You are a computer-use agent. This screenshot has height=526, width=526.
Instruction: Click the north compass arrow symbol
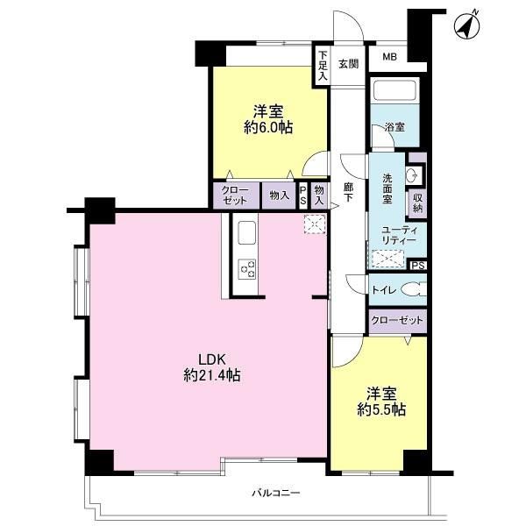(x=467, y=25)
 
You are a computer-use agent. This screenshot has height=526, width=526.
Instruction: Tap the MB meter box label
(x=389, y=57)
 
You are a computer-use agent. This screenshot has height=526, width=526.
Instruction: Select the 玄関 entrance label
(x=349, y=64)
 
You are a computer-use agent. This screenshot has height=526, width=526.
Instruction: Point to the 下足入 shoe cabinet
(x=323, y=66)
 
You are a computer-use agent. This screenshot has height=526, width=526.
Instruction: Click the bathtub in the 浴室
(x=395, y=89)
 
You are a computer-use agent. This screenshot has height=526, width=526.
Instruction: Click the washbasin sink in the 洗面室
(x=412, y=174)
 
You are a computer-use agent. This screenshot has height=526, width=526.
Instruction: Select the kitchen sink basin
(x=246, y=233)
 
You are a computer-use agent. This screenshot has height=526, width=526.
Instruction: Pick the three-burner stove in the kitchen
(x=246, y=269)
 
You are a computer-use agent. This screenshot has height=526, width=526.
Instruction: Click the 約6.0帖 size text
(x=268, y=127)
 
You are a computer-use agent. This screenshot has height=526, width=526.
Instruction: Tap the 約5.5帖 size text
(x=381, y=409)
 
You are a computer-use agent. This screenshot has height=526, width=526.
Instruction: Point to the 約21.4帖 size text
(x=212, y=374)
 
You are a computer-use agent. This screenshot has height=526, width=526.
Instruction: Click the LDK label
(x=211, y=359)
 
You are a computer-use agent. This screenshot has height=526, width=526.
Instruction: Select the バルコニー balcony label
(x=276, y=493)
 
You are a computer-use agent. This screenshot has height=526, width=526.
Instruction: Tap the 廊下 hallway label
(x=348, y=192)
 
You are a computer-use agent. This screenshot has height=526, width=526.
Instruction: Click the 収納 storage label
(x=417, y=203)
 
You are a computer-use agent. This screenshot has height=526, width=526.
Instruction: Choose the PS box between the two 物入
(x=303, y=195)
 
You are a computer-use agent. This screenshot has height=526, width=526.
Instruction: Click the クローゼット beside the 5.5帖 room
(x=397, y=321)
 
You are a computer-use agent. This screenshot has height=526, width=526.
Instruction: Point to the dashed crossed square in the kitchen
(x=315, y=224)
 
